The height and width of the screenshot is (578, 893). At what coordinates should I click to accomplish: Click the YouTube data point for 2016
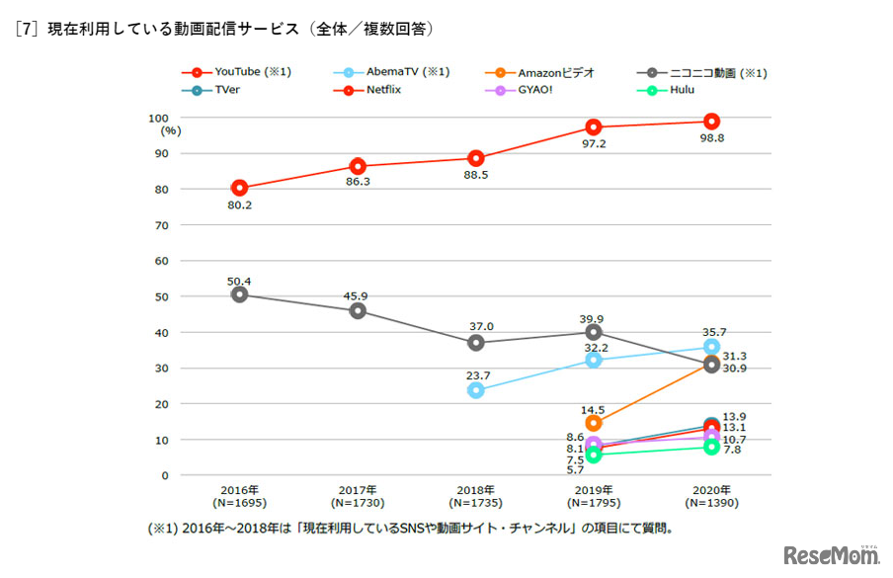[239, 188]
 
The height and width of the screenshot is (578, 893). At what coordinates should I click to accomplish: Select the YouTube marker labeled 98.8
[711, 122]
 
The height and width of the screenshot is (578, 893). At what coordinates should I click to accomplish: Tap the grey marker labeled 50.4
[239, 294]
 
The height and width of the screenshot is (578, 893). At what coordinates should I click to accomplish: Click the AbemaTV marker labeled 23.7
[476, 390]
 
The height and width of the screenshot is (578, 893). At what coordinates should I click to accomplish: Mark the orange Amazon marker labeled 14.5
[594, 423]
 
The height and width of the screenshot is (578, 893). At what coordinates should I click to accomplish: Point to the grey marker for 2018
[476, 343]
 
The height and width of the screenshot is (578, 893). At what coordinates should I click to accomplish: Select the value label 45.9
[357, 293]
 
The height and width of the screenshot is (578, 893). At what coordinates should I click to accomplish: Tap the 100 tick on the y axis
[158, 118]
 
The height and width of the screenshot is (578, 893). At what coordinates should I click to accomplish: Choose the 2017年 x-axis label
[358, 489]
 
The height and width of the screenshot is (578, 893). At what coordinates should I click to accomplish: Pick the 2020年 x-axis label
[711, 489]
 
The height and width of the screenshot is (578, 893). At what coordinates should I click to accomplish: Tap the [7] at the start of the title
[26, 30]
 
